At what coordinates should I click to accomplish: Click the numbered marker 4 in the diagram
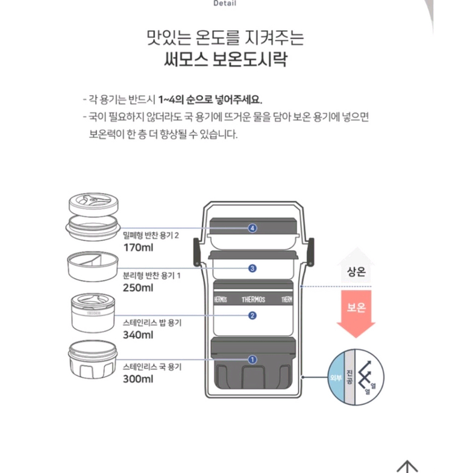(253, 228)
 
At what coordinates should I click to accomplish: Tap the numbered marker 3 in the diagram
(253, 268)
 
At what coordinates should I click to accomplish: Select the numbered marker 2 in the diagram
(253, 315)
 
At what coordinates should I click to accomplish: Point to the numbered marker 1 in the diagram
(253, 359)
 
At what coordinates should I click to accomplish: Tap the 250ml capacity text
(138, 288)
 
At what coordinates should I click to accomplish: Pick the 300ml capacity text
(138, 379)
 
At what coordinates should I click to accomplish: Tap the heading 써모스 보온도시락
(225, 61)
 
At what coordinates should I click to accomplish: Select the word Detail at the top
(225, 4)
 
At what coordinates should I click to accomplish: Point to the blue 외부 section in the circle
(336, 378)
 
